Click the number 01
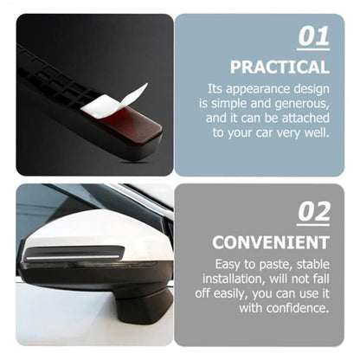[x=313, y=37]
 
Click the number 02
[x=313, y=211]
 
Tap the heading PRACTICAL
[x=279, y=67]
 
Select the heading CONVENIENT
[x=271, y=241]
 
